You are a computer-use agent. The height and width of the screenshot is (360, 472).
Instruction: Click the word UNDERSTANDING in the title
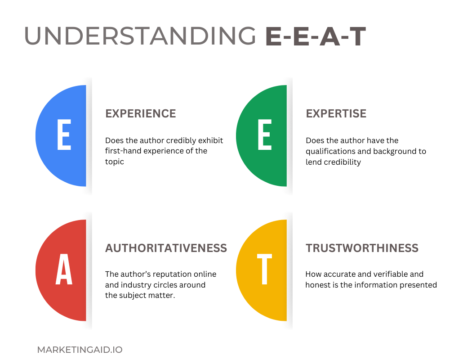140,36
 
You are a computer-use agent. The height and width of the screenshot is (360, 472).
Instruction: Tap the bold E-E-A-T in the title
315,36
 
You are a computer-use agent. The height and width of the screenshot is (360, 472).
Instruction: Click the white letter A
64,270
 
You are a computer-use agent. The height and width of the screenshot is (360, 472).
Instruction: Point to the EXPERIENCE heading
140,113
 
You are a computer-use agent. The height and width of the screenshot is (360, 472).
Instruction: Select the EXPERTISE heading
336,113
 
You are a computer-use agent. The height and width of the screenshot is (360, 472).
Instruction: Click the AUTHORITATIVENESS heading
166,248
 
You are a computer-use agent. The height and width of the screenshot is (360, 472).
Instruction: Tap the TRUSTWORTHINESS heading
362,248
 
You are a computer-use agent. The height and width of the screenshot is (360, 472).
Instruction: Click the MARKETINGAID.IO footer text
80,350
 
